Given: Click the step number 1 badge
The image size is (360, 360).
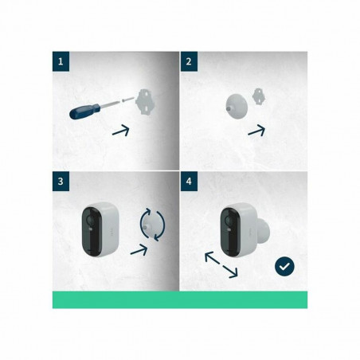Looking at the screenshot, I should click(x=61, y=60).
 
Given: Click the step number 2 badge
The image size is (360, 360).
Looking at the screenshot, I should click(x=188, y=60).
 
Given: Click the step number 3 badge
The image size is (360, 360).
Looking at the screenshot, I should click(x=61, y=182).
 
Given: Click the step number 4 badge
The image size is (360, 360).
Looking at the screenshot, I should click(x=188, y=182).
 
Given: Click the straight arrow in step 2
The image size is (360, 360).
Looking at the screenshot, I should click(x=256, y=130).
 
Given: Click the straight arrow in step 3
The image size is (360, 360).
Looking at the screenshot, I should click(x=140, y=251).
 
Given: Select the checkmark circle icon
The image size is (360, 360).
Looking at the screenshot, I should click(x=284, y=266).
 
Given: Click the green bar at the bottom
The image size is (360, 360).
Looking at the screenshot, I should click(x=180, y=299).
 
